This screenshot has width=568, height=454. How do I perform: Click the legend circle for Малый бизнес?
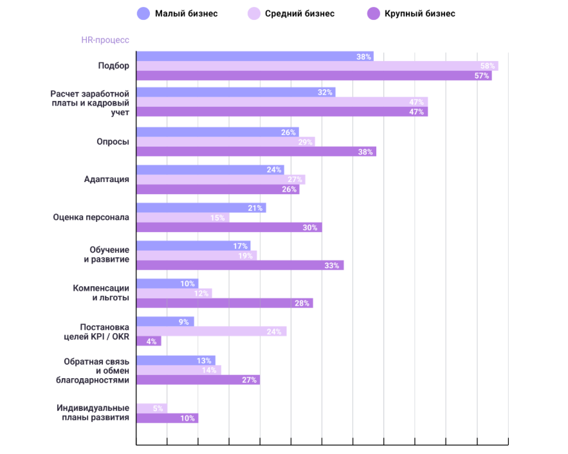pyautogui.click(x=143, y=14)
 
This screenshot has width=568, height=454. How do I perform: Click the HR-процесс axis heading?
pyautogui.click(x=105, y=40)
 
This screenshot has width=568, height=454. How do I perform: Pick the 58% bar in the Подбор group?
pyautogui.click(x=317, y=66)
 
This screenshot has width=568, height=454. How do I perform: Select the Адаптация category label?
pyautogui.click(x=107, y=179)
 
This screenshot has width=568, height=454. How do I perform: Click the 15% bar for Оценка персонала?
pyautogui.click(x=183, y=218)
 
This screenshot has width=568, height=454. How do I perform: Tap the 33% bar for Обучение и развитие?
pyautogui.click(x=240, y=266)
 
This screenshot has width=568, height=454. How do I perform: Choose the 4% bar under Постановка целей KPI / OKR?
pyautogui.click(x=149, y=341)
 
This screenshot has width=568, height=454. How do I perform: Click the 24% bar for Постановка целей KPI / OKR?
pyautogui.click(x=211, y=332)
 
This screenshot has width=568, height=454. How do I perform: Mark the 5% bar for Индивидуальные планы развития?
pyautogui.click(x=152, y=408)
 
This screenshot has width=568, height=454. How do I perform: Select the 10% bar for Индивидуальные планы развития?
pyautogui.click(x=167, y=418)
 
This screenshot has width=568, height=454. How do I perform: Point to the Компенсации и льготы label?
pyautogui.click(x=101, y=293)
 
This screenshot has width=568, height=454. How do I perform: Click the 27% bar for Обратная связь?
pyautogui.click(x=198, y=380)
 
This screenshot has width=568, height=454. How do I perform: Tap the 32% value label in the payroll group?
pyautogui.click(x=325, y=93)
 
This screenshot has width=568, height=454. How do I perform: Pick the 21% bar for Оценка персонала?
pyautogui.click(x=201, y=208)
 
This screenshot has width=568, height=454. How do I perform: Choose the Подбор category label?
pyautogui.click(x=113, y=66)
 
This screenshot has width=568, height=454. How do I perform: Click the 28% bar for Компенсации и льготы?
pyautogui.click(x=224, y=304)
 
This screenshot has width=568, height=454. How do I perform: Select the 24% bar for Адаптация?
pyautogui.click(x=210, y=170)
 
